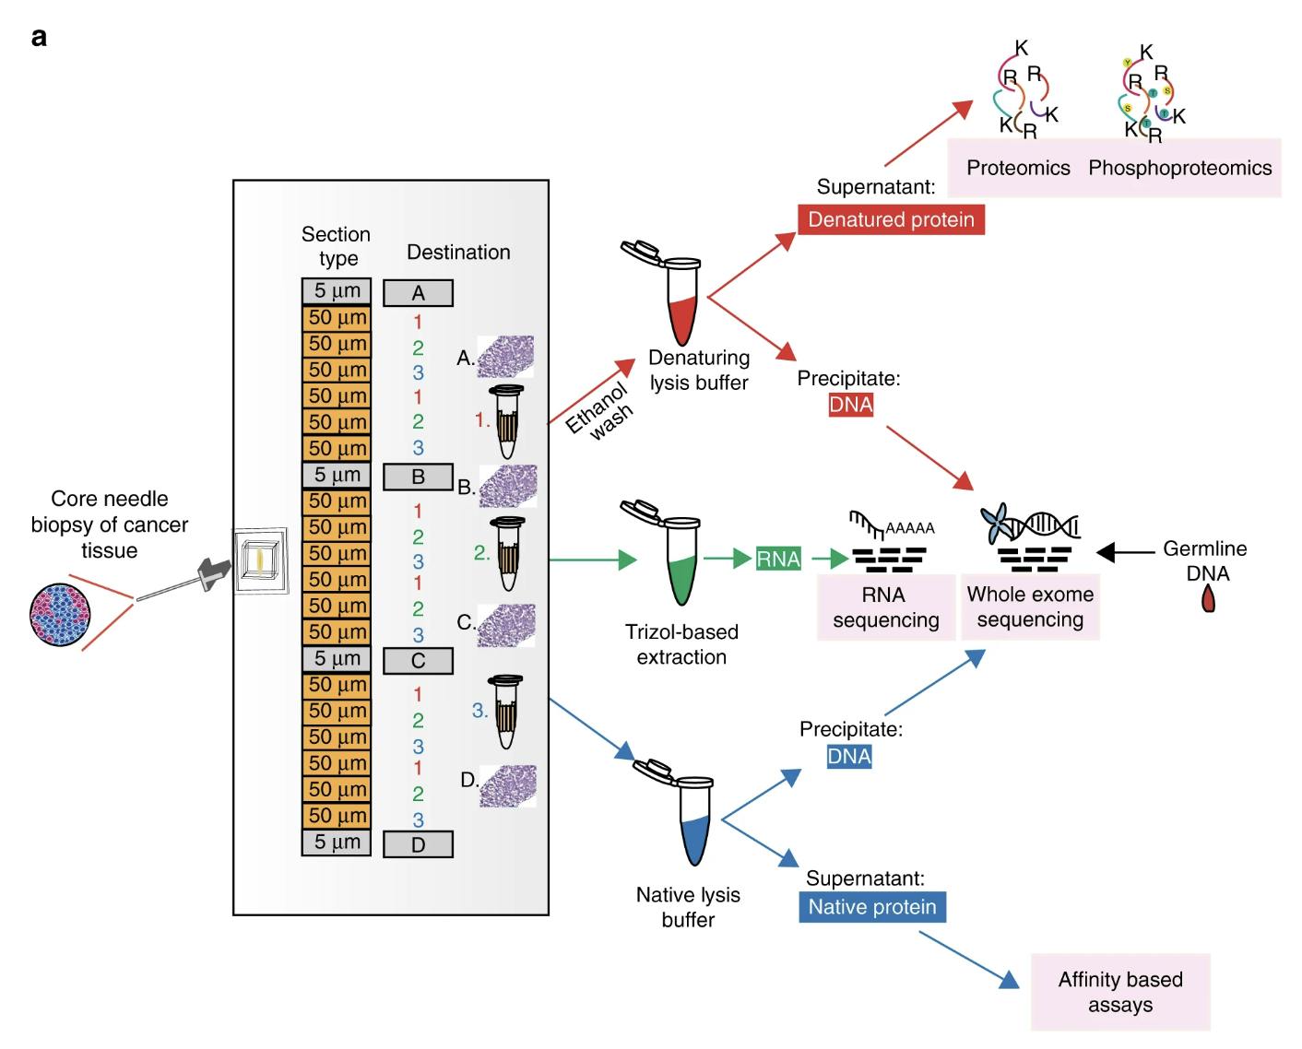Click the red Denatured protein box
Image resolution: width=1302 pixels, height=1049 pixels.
(x=891, y=219)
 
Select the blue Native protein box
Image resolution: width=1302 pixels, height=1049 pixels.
(x=871, y=907)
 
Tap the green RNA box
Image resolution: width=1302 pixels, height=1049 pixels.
(x=778, y=559)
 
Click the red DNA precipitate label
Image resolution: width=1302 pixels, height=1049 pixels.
(x=850, y=405)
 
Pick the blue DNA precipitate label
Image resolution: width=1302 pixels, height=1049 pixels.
(x=849, y=757)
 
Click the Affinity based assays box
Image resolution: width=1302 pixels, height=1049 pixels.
(x=1119, y=992)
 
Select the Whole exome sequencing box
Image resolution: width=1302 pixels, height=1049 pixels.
(x=1030, y=607)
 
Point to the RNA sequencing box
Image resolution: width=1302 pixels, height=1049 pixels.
(x=885, y=607)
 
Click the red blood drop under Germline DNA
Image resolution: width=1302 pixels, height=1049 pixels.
(x=1208, y=601)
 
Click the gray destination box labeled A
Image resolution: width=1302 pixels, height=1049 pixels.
(x=418, y=293)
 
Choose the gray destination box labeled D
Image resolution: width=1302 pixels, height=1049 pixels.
(x=418, y=844)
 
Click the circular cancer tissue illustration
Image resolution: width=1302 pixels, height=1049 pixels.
(x=60, y=613)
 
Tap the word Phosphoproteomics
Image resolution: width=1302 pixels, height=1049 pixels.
(x=1179, y=168)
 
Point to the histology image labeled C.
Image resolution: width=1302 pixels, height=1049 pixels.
(x=506, y=624)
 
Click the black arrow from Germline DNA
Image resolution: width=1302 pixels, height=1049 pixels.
(x=1125, y=552)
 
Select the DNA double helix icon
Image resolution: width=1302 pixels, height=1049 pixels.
(x=1047, y=526)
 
